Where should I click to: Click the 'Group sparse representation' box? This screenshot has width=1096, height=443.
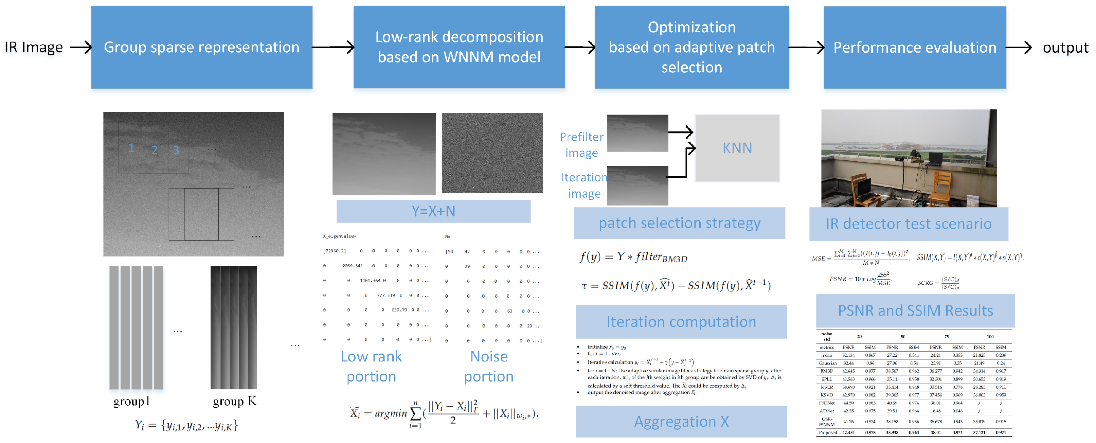202,47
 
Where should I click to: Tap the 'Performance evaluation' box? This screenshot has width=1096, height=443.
914,47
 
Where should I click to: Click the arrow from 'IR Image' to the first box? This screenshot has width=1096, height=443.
81,47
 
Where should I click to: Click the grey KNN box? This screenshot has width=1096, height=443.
737,148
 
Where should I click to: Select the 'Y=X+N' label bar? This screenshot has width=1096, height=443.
433,211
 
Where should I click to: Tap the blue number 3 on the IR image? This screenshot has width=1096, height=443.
176,150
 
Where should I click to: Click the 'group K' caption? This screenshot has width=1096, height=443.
234,401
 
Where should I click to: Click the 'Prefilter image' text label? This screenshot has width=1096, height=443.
581,145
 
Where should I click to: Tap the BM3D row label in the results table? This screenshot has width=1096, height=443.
827,371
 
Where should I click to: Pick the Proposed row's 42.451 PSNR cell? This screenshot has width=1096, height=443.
848,432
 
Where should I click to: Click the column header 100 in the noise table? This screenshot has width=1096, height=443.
990,336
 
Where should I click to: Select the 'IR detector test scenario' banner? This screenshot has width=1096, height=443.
909,224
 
